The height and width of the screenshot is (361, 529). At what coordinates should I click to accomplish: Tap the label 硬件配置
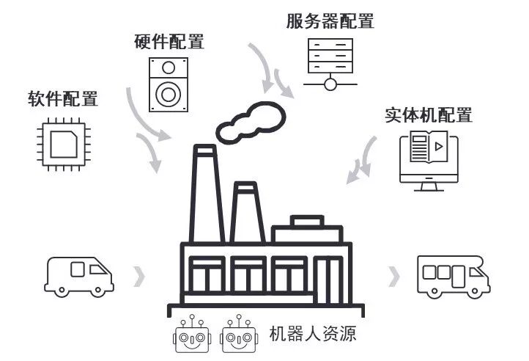click(169, 42)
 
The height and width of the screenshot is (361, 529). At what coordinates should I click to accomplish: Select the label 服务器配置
click(330, 21)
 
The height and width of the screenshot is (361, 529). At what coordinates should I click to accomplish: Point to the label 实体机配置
click(429, 115)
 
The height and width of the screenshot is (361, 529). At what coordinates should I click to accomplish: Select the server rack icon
click(330, 62)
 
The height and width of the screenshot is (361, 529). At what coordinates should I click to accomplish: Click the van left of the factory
click(79, 276)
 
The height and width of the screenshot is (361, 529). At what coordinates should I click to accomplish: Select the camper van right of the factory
click(453, 277)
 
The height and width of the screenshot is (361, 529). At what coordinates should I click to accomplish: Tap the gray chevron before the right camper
click(395, 277)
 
